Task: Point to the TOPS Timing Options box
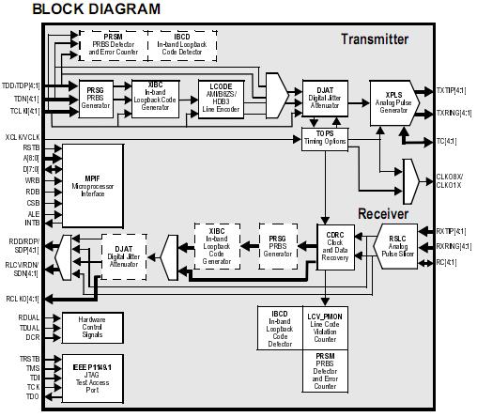click(325, 138)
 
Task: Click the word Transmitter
click(375, 39)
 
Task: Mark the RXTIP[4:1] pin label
click(455, 230)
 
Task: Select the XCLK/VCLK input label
click(23, 137)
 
